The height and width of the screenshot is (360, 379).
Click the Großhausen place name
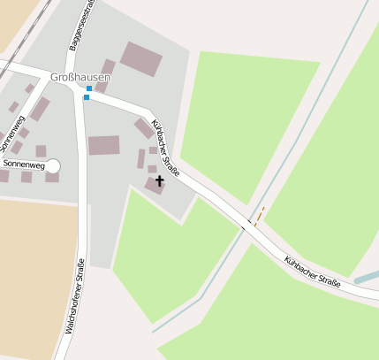click(x=86, y=77)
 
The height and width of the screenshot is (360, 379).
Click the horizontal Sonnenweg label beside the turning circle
click(x=24, y=165)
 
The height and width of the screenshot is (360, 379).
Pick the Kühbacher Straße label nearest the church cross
click(x=165, y=147)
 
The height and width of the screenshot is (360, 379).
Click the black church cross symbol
click(x=159, y=181)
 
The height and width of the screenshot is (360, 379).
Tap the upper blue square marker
click(x=89, y=88)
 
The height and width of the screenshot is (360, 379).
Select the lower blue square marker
click(x=87, y=97)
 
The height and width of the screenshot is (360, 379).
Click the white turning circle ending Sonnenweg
click(x=52, y=165)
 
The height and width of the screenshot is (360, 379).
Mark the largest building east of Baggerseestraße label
click(x=141, y=58)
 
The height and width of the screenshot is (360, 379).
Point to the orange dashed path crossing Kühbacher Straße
click(x=259, y=216)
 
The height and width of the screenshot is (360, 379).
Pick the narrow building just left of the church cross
click(x=141, y=159)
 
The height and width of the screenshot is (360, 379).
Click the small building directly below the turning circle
click(x=52, y=177)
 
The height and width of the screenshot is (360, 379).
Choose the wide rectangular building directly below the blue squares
click(x=103, y=145)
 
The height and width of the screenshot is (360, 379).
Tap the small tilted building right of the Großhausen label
click(x=109, y=67)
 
